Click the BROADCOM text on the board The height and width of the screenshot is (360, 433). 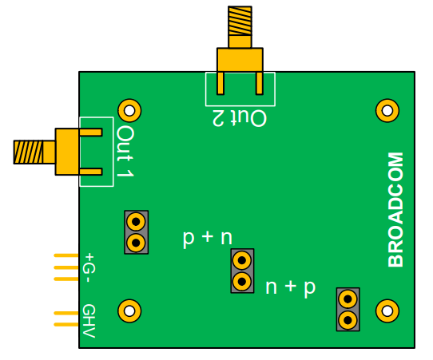click(395, 210)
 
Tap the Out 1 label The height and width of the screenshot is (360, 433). click(125, 152)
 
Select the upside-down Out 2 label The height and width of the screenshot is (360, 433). click(239, 118)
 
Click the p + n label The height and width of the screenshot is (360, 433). click(207, 237)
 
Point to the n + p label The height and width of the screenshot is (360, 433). click(290, 287)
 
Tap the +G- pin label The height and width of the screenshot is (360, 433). click(89, 267)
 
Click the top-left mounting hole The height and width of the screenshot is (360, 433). click(129, 110)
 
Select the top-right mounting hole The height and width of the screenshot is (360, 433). click(387, 110)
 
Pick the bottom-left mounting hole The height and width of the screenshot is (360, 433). click(129, 310)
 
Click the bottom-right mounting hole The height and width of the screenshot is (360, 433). click(387, 310)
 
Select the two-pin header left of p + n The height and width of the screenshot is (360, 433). click(136, 231)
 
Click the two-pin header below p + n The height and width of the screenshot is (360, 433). click(242, 271)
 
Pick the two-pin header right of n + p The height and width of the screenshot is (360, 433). click(348, 309)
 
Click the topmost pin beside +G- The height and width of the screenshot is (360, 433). click(66, 255)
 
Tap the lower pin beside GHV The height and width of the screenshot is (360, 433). click(66, 325)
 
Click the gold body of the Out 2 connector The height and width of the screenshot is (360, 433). click(240, 59)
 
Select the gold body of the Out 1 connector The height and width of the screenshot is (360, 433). click(66, 152)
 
